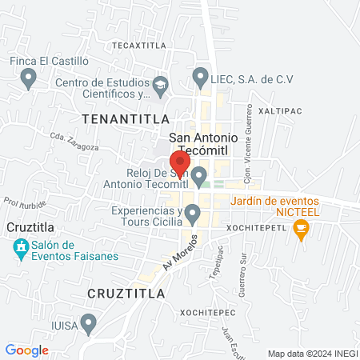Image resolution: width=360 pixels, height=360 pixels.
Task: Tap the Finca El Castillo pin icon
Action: [x=29, y=78]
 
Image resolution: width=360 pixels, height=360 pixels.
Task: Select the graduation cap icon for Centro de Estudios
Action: [x=160, y=84]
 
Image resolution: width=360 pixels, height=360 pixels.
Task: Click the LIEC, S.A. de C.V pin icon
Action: [x=200, y=78]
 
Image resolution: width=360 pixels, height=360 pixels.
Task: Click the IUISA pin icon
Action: [x=89, y=323]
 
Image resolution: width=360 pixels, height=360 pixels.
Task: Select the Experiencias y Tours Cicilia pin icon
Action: [x=192, y=214]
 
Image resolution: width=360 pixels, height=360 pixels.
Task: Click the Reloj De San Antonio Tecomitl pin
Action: [x=200, y=175]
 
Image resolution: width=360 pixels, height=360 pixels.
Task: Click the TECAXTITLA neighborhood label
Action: [x=138, y=46]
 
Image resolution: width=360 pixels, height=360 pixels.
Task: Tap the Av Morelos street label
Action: [x=181, y=253]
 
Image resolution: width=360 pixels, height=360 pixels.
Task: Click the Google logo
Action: [x=27, y=350]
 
